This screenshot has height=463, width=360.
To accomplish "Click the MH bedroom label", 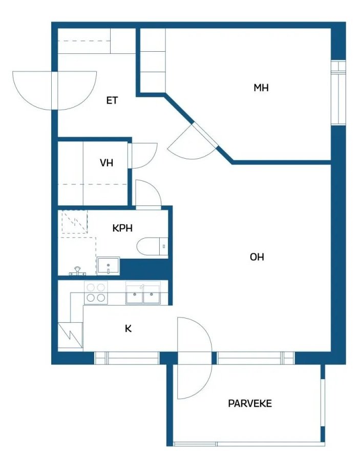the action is click(261, 88).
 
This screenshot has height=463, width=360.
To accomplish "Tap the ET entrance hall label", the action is click(112, 101).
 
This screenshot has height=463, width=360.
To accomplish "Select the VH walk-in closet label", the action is click(107, 163).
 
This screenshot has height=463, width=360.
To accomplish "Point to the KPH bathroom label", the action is click(122, 228).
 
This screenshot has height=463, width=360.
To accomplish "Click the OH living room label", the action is click(257, 257).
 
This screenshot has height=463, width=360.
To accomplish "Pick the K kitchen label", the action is click(128, 329).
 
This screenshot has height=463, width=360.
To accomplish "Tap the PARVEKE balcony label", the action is click(250, 404).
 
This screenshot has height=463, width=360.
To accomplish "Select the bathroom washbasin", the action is click(109, 266).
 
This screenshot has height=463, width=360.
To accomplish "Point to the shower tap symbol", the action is click(77, 271).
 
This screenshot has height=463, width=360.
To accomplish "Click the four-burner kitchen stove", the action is click(96, 292).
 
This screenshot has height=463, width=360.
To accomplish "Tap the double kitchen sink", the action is click(143, 294).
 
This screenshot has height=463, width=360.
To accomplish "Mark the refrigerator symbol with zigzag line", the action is click(70, 335).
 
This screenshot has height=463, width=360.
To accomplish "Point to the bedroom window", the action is click(338, 92).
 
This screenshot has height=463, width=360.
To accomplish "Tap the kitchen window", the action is click(127, 358).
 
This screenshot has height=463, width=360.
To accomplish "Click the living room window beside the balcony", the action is click(256, 358).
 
